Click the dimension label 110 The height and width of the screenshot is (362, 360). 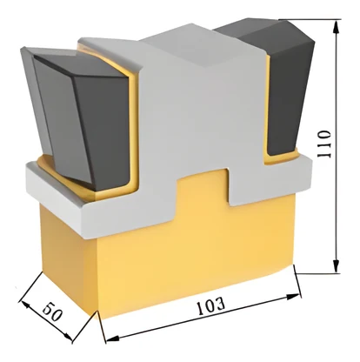coord(323,144)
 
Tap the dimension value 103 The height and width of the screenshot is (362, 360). coord(210,305)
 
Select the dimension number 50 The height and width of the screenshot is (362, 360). coord(52,312)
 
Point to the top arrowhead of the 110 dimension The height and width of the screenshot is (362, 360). coord(336,27)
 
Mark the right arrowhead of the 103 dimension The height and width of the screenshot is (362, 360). coord(293,297)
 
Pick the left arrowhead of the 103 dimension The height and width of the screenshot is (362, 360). coord(112,339)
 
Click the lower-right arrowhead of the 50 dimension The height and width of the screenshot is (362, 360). coord(69,337)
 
